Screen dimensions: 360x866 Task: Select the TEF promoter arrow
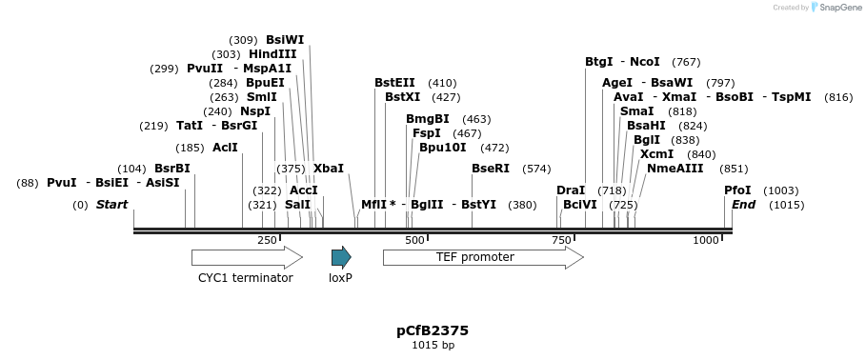(x=482, y=257)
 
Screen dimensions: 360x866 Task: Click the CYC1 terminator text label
(x=245, y=278)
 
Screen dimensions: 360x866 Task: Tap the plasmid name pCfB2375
(x=433, y=330)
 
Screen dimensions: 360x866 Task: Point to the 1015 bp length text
(x=433, y=345)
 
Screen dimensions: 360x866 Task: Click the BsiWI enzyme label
(x=285, y=40)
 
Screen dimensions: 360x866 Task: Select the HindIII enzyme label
(x=272, y=54)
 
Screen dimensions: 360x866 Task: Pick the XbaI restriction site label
(x=329, y=169)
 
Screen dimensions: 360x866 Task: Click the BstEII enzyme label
(x=394, y=83)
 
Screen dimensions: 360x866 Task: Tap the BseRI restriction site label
(x=491, y=169)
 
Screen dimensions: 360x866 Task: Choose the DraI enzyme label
(x=571, y=190)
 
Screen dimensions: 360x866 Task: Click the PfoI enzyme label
(x=737, y=190)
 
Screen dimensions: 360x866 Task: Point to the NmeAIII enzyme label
(x=675, y=169)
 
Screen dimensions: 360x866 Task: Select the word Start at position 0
(x=111, y=205)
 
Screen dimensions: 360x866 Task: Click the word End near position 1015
(x=743, y=205)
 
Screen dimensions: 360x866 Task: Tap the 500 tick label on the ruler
(x=414, y=241)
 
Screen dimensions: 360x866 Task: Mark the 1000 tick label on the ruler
(x=706, y=241)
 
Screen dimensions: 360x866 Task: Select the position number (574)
(x=536, y=169)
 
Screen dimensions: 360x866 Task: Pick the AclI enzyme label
(x=225, y=148)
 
